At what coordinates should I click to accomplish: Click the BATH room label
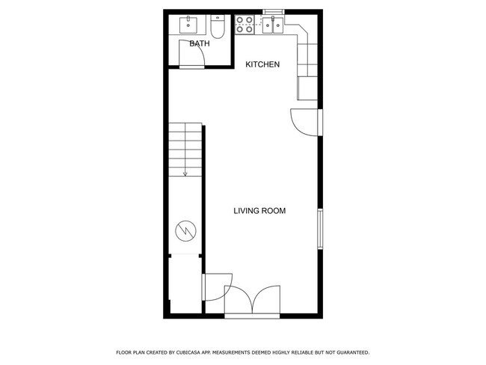tap(199, 44)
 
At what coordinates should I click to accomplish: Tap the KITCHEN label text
tap(262, 64)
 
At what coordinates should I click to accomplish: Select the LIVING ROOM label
tap(259, 211)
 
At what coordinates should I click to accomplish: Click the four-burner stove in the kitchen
tap(244, 26)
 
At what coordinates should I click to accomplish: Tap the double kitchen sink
tap(272, 26)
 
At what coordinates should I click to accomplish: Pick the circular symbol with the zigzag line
tap(184, 232)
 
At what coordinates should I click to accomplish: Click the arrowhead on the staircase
tap(185, 174)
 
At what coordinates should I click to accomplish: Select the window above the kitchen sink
tap(272, 11)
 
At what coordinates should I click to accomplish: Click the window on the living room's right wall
tap(320, 229)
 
